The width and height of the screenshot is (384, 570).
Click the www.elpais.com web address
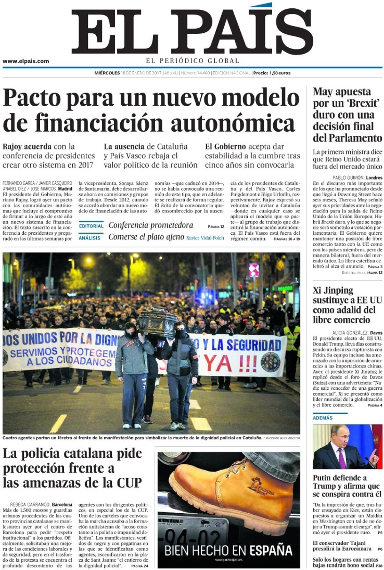click(x=26, y=61)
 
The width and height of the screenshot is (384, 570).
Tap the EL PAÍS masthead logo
click(x=192, y=31)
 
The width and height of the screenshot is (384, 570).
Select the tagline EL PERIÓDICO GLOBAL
click(x=193, y=61)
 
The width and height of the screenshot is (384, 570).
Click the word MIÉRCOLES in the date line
click(x=107, y=73)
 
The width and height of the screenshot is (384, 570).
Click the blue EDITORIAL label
click(x=91, y=226)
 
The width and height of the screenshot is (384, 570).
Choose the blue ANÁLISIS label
click(x=90, y=238)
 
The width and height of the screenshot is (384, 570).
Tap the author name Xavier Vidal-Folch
click(x=205, y=238)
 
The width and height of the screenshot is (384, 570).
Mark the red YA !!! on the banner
click(x=235, y=362)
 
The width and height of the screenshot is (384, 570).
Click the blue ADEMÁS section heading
click(x=323, y=418)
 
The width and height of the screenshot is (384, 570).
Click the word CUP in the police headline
click(x=129, y=483)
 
